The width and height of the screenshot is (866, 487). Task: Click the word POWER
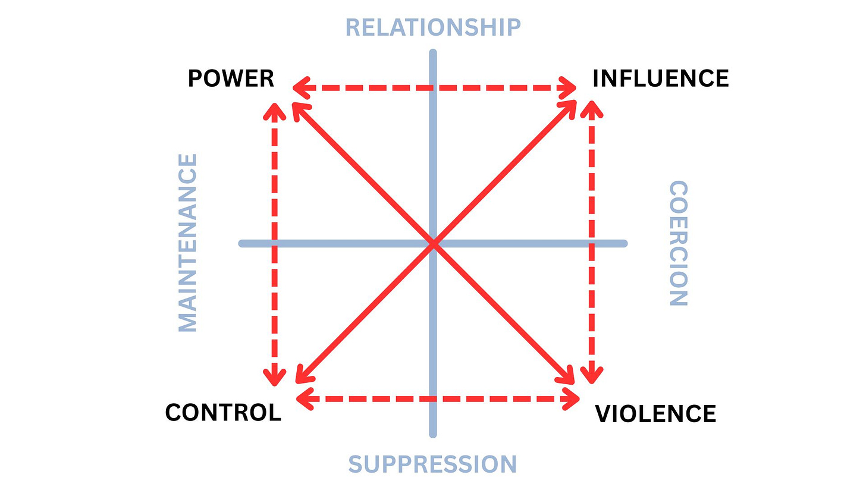coord(231,78)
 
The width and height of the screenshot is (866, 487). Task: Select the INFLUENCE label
coord(660,78)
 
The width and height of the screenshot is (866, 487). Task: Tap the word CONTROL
coord(223,412)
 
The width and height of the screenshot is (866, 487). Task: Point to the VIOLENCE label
coord(655,413)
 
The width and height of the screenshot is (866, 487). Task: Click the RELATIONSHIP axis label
coord(433,27)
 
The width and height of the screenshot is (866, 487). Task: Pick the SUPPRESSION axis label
coord(432,464)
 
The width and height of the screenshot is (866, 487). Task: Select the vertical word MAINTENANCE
coord(188,243)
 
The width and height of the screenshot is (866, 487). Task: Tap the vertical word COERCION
coord(679,244)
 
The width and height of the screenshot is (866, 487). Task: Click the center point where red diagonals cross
coord(433,244)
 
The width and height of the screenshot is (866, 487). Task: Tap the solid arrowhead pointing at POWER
coord(297,108)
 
